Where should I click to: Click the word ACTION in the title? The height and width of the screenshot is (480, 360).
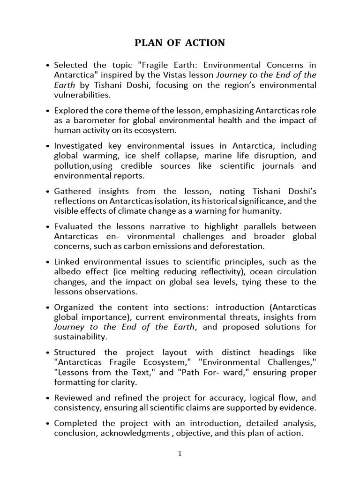(206, 43)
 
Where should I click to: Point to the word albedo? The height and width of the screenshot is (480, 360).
(67, 272)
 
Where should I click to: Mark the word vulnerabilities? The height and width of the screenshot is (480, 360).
(83, 95)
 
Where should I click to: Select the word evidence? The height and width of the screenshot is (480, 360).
(298, 408)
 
